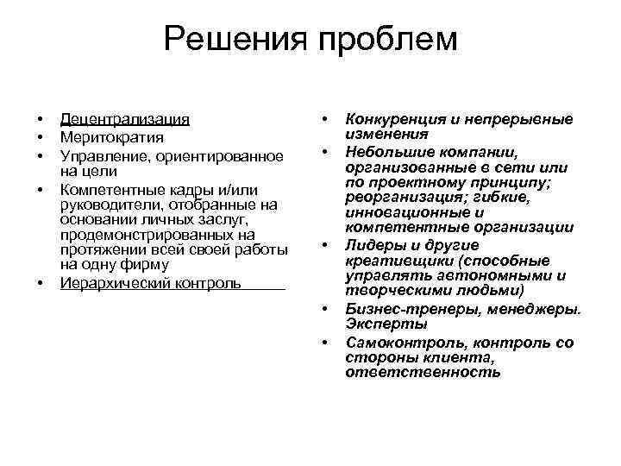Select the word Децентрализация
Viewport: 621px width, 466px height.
pyautogui.click(x=125, y=120)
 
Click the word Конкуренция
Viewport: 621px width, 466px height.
pyautogui.click(x=395, y=120)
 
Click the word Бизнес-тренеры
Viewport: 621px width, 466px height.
pyautogui.click(x=399, y=309)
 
